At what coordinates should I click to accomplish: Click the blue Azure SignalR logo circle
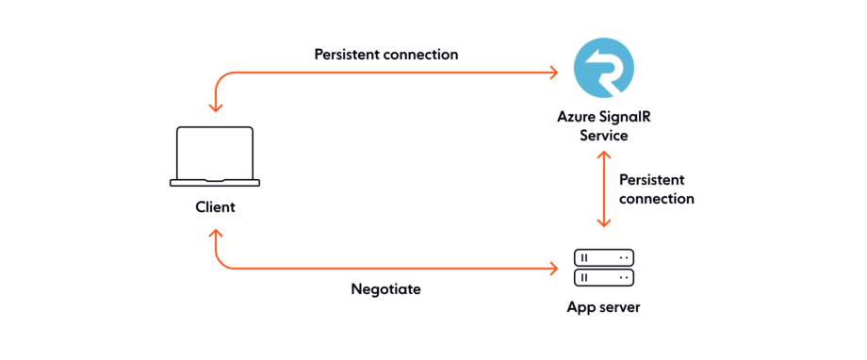click(604, 68)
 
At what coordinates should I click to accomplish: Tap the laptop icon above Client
click(215, 155)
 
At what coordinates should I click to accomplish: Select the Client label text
click(215, 206)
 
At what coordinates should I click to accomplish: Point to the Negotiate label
click(386, 289)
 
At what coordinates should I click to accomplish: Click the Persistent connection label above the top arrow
click(386, 55)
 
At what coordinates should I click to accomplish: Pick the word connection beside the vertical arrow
click(657, 199)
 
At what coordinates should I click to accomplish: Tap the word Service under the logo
click(604, 135)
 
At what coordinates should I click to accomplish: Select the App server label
click(604, 307)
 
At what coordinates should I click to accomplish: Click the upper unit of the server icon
click(604, 256)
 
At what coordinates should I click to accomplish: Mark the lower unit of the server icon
click(604, 277)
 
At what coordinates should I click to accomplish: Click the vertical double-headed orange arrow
click(604, 188)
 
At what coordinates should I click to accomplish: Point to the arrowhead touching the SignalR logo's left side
click(554, 73)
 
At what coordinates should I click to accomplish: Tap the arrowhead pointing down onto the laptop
click(216, 107)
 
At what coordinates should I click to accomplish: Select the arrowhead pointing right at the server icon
click(554, 270)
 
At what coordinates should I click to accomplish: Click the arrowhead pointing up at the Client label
click(216, 233)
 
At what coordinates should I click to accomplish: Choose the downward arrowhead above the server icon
click(604, 223)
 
